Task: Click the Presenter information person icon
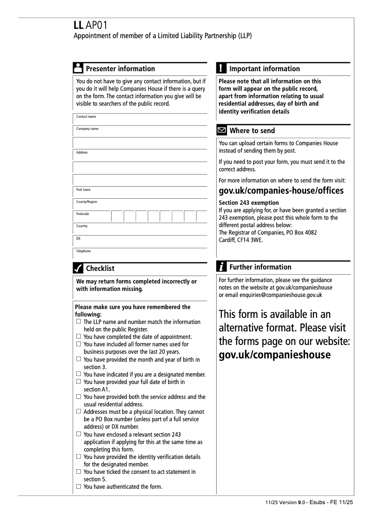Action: [x=78, y=68]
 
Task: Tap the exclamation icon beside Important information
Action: [x=221, y=68]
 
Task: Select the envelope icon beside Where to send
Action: [x=222, y=130]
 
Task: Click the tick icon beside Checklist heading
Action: [x=78, y=268]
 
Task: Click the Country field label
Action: [x=82, y=226]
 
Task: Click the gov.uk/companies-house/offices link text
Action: [x=281, y=191]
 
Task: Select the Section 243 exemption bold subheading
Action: [x=249, y=202]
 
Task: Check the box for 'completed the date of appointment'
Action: [x=79, y=337]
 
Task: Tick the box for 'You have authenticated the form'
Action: [x=79, y=487]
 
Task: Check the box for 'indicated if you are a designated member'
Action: [x=79, y=374]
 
